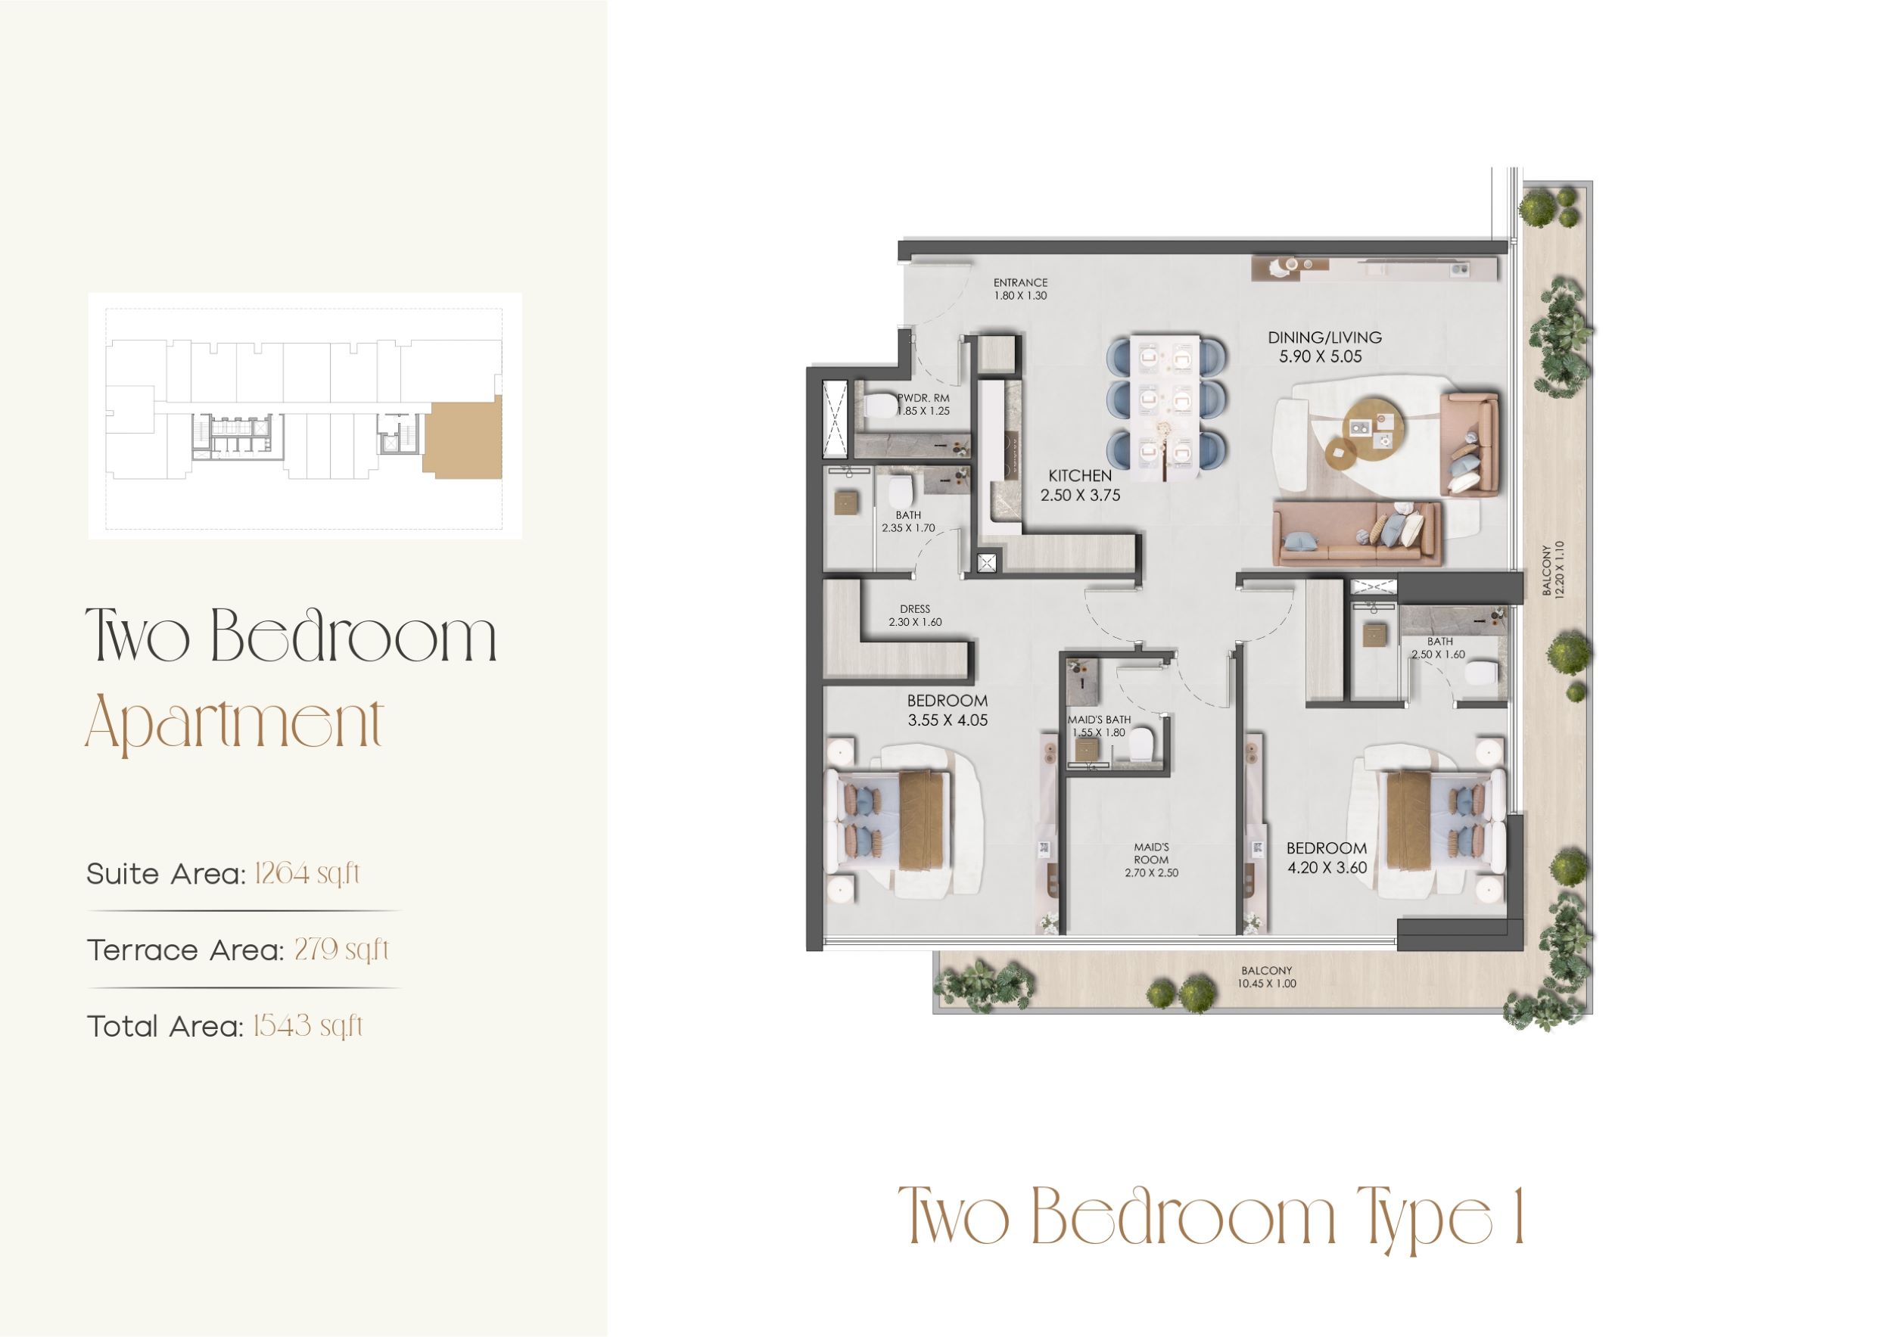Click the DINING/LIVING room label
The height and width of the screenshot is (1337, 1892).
pos(1324,337)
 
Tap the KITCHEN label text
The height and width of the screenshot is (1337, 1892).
pos(1079,476)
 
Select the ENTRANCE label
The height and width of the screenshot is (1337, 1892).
pos(1020,282)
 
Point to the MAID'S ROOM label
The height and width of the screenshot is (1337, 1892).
pos(1151,854)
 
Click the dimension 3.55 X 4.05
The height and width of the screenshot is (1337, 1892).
pos(948,720)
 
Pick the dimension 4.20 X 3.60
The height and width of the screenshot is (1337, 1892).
pos(1327,867)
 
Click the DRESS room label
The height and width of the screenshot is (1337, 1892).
pos(915,610)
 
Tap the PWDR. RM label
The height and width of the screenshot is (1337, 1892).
pos(924,398)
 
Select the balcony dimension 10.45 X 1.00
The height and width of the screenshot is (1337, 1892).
pos(1267,984)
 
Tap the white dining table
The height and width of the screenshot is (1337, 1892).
pos(1165,408)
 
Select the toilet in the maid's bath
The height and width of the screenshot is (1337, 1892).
pos(1142,746)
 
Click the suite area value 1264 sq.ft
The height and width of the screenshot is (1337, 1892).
pos(307,873)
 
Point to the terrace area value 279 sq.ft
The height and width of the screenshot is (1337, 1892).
pos(341,950)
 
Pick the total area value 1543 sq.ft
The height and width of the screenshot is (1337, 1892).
pos(307,1027)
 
